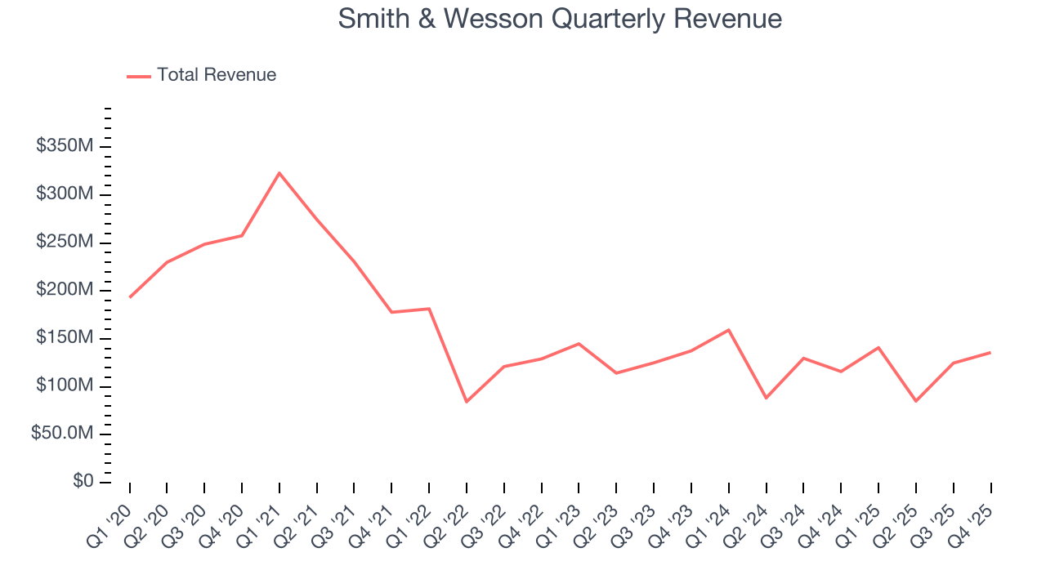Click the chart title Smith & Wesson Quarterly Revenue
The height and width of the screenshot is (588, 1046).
click(560, 19)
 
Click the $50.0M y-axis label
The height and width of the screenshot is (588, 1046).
click(62, 434)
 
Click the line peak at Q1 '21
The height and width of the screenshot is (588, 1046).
click(279, 173)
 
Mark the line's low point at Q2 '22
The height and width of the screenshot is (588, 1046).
click(467, 402)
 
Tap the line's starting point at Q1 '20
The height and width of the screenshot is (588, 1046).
click(130, 297)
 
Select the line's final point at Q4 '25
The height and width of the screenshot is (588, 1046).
click(990, 353)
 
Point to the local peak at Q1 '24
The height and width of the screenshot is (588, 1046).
click(728, 330)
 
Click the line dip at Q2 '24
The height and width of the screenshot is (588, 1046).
click(766, 398)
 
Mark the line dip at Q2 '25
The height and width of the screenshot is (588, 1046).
click(916, 401)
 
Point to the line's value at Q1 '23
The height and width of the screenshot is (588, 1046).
click(579, 344)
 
